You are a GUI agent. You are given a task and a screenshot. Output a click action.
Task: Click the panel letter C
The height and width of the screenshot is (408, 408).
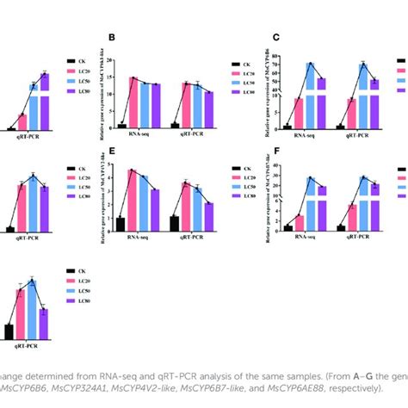click(x=276, y=38)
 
